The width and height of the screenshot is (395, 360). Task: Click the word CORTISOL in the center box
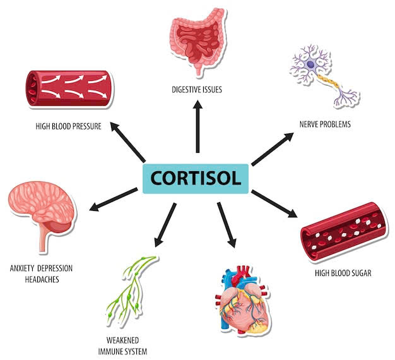tap(197, 177)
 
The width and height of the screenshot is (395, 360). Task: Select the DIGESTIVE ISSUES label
tap(197, 90)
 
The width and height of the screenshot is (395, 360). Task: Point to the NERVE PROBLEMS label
tap(325, 124)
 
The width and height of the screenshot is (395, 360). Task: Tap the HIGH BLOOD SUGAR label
tap(343, 273)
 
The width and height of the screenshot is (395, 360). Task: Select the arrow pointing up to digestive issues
tap(197, 126)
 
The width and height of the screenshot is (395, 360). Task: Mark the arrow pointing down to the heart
tap(227, 224)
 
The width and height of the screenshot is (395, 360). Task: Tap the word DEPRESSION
tap(55, 268)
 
